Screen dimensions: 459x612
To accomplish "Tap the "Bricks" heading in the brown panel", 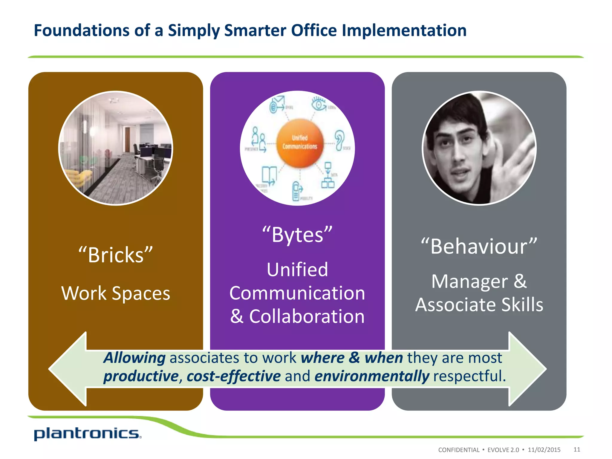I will [116, 255].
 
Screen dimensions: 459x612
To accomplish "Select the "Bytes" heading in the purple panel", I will [297, 235].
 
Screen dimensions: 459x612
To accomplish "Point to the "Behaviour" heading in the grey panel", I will [479, 247].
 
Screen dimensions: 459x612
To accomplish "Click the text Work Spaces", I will [116, 293].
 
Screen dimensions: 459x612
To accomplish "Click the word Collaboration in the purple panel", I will [307, 316].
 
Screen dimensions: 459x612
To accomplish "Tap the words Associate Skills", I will [479, 305].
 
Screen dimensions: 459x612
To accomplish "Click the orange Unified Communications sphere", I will [300, 143].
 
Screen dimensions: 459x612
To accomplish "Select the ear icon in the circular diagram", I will [340, 139].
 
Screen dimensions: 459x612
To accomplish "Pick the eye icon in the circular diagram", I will [319, 104].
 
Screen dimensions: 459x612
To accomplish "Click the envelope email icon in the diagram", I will [277, 104].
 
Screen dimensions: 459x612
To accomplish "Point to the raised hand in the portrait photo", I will [508, 155].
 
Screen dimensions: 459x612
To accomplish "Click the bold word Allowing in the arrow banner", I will [134, 358].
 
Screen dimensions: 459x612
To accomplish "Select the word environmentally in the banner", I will [372, 376].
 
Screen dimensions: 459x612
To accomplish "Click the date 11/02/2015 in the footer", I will [544, 450].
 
